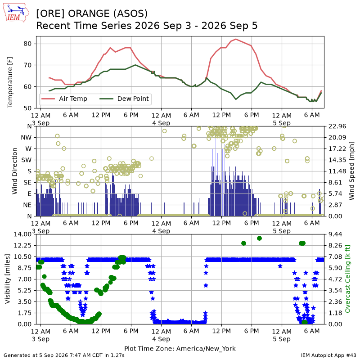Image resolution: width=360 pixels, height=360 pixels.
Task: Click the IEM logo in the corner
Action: point(16,13)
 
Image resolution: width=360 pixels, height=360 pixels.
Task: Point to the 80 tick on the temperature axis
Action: point(27,44)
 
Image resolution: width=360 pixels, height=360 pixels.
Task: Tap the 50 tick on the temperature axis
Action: point(27,108)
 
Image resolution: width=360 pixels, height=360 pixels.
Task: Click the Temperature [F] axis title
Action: point(10,82)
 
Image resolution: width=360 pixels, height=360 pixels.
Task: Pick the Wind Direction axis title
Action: point(15,171)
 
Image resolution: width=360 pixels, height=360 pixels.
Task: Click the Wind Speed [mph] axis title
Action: point(351,171)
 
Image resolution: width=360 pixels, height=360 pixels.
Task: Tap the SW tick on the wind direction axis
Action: point(27,160)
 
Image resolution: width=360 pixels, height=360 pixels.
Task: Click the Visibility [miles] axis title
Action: point(8,279)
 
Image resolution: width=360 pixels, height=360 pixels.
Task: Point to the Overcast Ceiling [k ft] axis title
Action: point(347,279)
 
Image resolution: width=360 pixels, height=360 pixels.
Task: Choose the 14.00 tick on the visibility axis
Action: point(22,234)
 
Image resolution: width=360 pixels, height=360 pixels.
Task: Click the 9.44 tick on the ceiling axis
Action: point(335,234)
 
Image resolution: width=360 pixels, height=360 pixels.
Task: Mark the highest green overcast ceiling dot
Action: point(260,238)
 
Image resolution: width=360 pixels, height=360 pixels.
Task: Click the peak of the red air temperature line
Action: point(236,39)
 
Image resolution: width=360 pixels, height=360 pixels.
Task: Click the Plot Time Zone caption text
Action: point(180,349)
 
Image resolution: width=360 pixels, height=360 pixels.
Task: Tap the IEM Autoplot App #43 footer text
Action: point(328,355)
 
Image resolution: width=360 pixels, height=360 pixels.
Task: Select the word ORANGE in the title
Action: point(89,13)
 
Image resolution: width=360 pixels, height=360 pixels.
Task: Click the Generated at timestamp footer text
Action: point(64,355)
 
